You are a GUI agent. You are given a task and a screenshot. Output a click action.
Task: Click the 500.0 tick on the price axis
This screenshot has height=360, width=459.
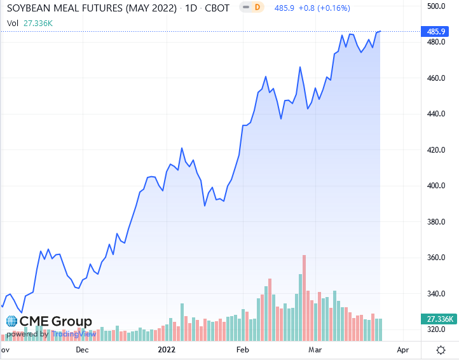click(x=434, y=6)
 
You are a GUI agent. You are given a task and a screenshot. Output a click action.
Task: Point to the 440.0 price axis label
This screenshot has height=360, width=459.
click(x=434, y=114)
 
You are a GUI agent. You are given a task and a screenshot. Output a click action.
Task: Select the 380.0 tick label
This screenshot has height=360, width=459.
click(x=434, y=222)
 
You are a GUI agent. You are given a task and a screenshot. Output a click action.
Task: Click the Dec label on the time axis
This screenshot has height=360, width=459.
click(x=82, y=350)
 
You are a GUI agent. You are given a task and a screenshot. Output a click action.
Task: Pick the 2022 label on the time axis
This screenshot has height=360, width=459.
click(x=166, y=350)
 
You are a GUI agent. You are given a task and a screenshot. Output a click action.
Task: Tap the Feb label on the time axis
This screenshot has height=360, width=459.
click(x=242, y=350)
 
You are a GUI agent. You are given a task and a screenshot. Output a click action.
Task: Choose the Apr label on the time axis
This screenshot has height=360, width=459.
click(x=402, y=350)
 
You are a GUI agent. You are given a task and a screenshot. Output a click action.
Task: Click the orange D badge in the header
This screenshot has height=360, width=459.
click(x=257, y=7)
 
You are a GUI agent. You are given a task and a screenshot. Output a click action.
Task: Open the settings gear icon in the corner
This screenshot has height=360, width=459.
click(x=441, y=350)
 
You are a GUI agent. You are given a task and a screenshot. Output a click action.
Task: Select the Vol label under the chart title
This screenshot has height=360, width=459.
click(x=12, y=23)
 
